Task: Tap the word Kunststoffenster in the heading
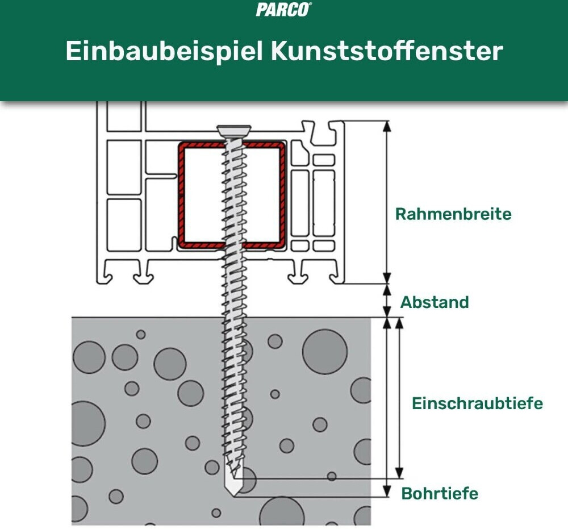point(387,51)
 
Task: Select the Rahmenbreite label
point(453,214)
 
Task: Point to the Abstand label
point(435,302)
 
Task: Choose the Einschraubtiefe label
point(477,403)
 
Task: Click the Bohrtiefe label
point(440,493)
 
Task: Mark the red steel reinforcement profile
point(181,193)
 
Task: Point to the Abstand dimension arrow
point(387,300)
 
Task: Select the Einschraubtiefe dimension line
point(399,398)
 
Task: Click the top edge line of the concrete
point(142,318)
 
